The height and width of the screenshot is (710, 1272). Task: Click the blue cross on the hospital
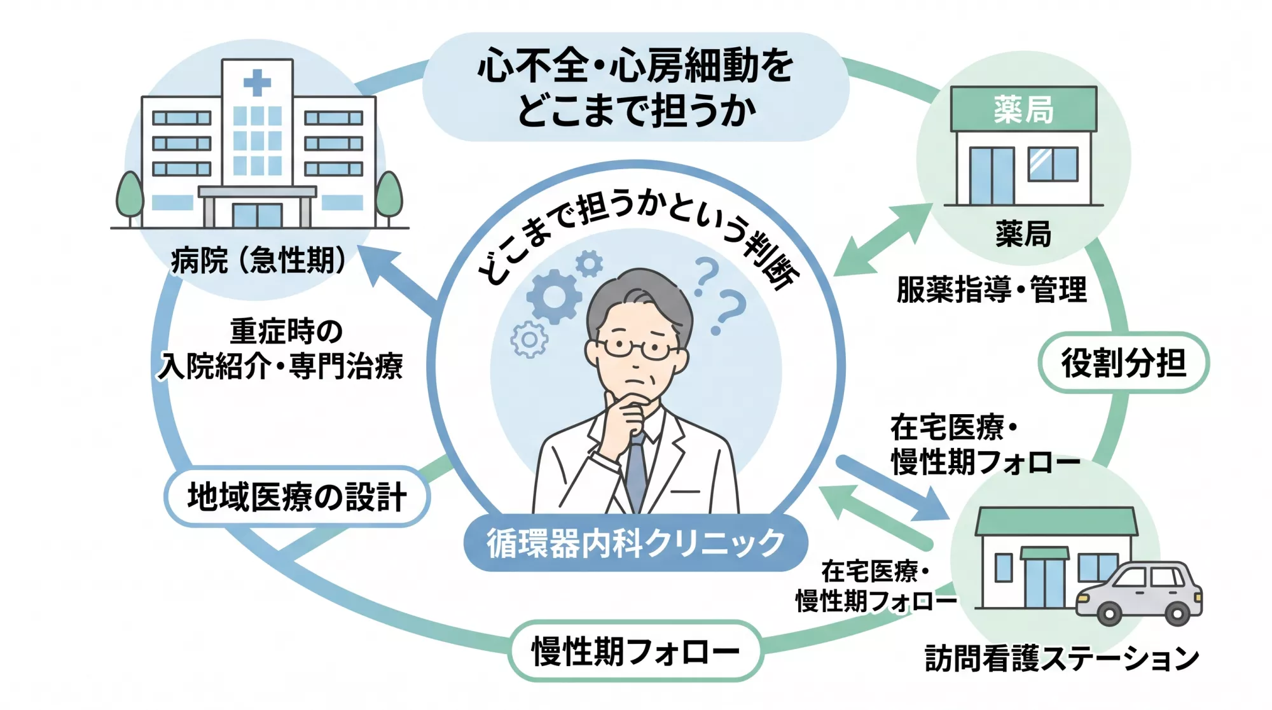click(257, 83)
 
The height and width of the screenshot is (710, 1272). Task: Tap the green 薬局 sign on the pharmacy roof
click(1023, 109)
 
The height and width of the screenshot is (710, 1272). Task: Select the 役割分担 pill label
click(1123, 363)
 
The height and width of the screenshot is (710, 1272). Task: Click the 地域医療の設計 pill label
click(297, 497)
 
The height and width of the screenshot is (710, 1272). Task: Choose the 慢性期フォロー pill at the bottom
click(635, 651)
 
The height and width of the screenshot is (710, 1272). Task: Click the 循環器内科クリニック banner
click(635, 543)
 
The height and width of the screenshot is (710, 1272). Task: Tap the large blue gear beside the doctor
click(553, 296)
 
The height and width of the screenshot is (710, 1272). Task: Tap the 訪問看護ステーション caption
click(1061, 658)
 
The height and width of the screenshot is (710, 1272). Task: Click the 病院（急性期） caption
click(258, 260)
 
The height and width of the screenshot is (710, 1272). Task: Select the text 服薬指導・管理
click(992, 290)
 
